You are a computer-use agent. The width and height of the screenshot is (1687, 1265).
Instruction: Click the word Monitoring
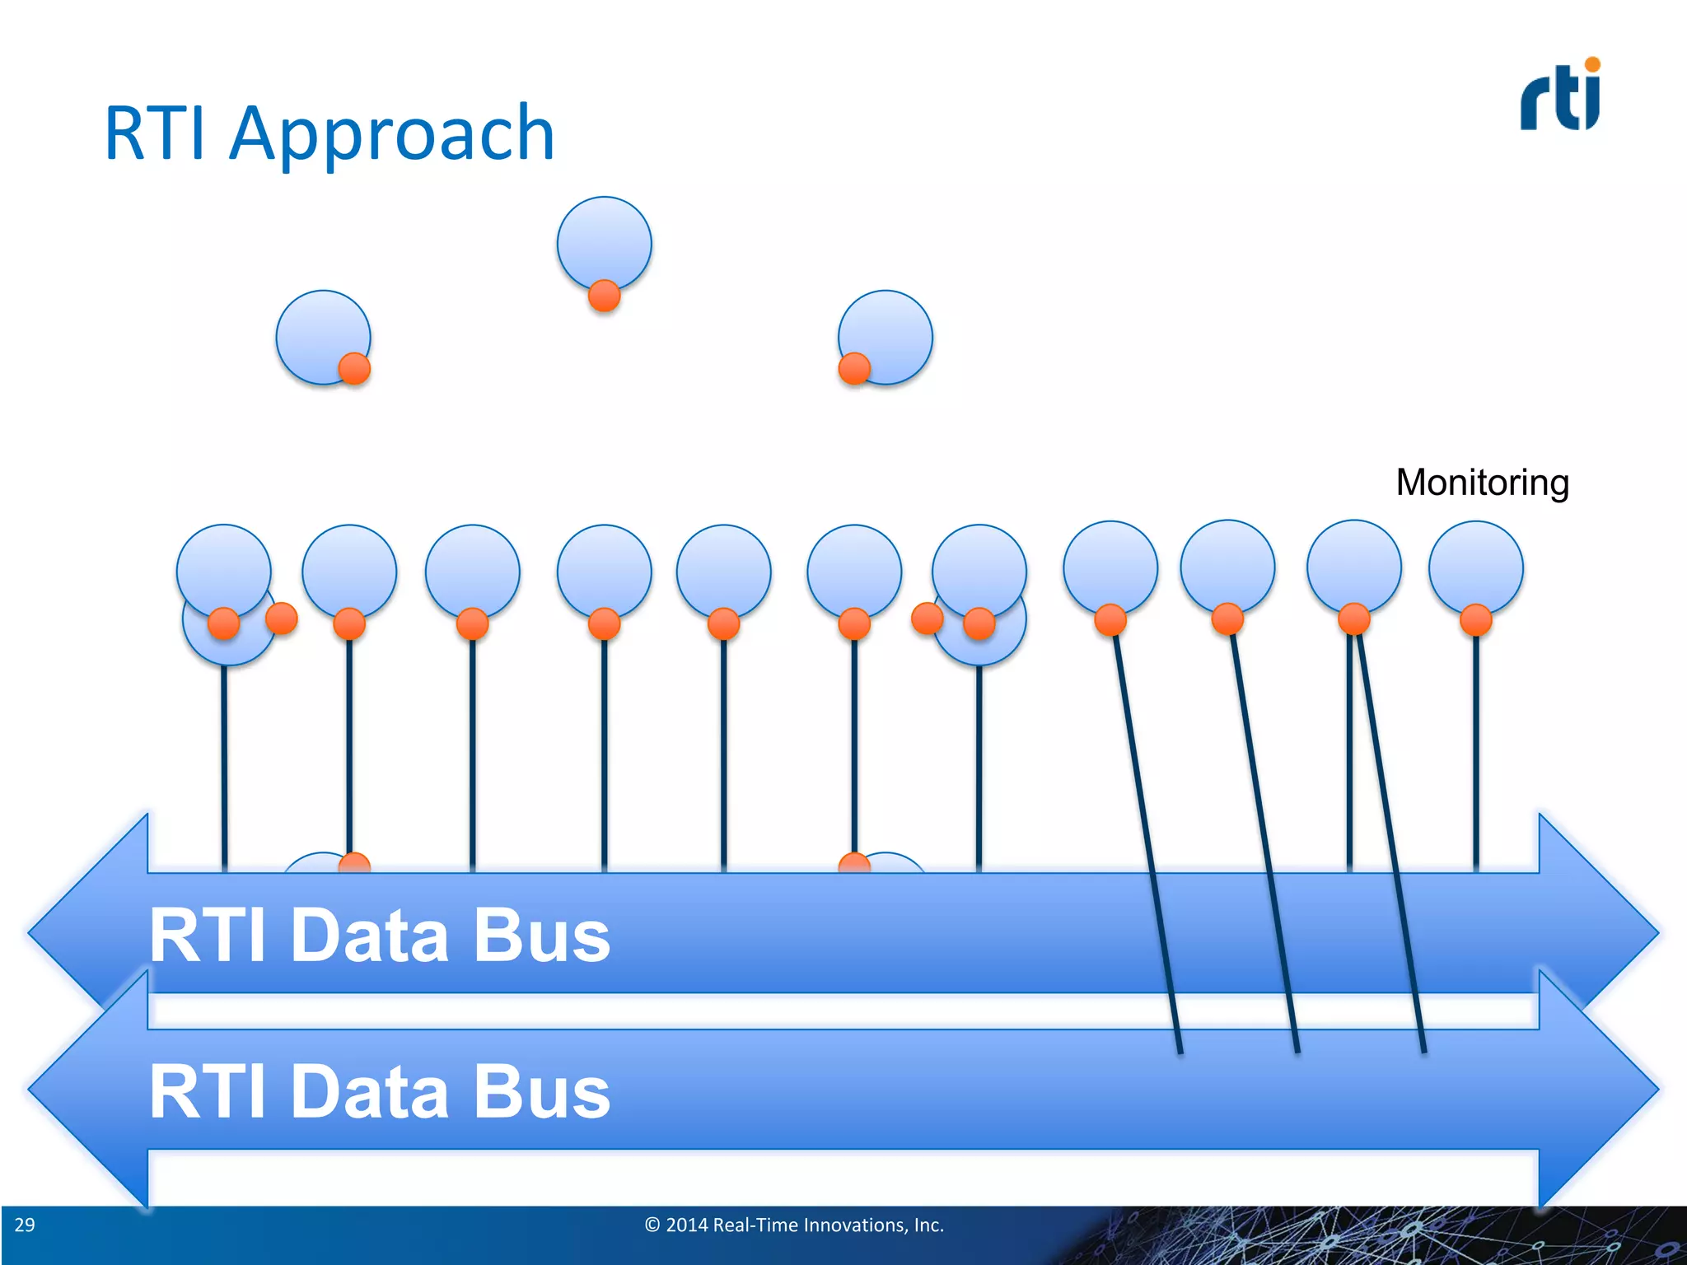[1482, 483]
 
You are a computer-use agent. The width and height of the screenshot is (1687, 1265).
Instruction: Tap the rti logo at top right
[1559, 96]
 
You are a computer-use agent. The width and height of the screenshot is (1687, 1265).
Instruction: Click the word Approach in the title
[392, 135]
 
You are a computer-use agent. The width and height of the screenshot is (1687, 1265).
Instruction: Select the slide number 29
[25, 1225]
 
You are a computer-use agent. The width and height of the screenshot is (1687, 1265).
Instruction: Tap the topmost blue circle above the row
[604, 241]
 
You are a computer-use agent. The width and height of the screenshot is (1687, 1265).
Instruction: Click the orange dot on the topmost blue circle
[604, 295]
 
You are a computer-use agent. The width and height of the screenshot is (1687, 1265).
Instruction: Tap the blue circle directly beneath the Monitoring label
[1475, 567]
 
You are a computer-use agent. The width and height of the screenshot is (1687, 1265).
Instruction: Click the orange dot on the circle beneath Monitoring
[1475, 619]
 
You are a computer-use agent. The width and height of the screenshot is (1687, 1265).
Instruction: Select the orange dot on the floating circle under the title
[354, 368]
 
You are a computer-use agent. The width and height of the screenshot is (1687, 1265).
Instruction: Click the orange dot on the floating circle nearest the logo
[854, 368]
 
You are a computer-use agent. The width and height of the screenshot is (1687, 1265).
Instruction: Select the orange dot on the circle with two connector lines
[1353, 618]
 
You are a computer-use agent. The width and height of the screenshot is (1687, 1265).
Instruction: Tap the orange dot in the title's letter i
[1592, 64]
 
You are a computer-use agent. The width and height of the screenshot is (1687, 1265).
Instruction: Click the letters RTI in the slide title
[155, 135]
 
